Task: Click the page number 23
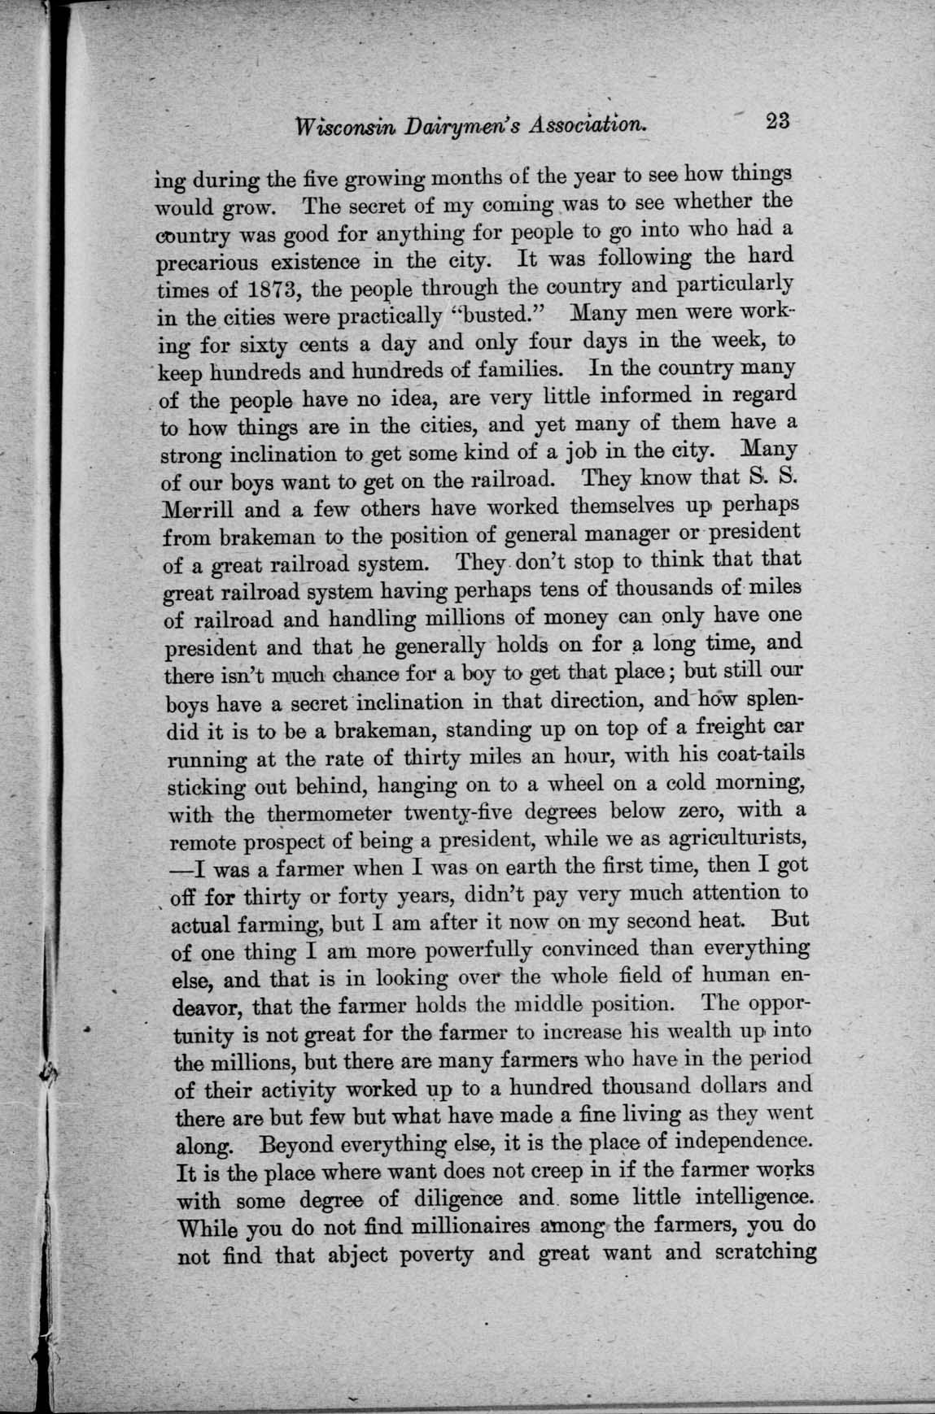click(x=777, y=121)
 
